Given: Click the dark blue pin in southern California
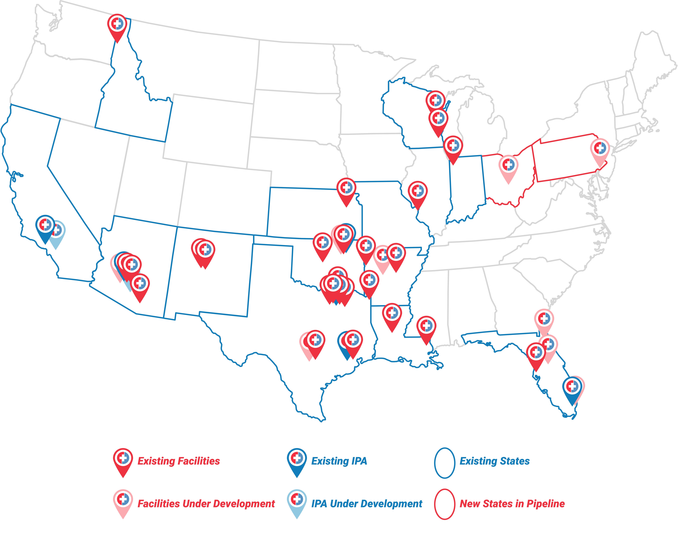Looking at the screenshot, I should [x=45, y=226].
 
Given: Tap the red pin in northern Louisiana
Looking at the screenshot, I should [x=392, y=314].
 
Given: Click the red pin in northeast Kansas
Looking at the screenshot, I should [x=346, y=189].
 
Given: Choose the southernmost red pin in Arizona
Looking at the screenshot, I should [x=140, y=284].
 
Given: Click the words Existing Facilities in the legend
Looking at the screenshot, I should [x=179, y=461].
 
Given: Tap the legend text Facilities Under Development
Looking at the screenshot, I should [x=206, y=504].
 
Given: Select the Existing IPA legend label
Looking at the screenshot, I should [x=339, y=461].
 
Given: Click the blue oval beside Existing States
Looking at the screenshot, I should [x=444, y=463].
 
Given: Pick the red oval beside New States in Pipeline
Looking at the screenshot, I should [x=444, y=504].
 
